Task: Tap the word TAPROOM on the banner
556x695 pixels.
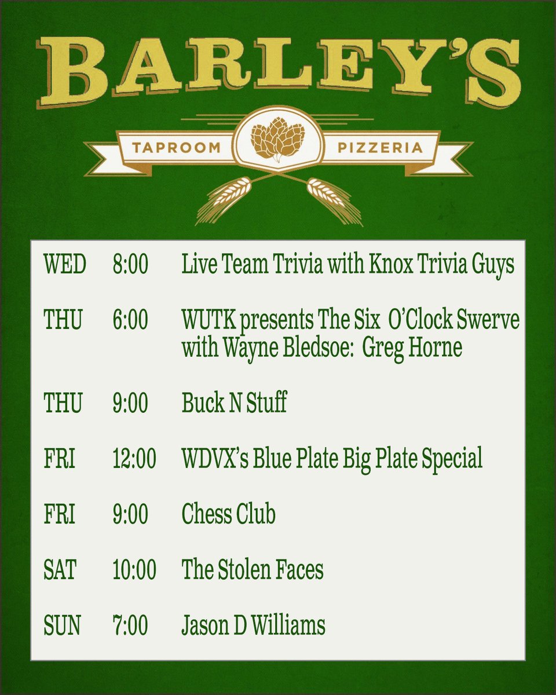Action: coord(177,148)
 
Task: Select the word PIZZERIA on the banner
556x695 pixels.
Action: coord(379,148)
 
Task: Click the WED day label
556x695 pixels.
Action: coord(64,265)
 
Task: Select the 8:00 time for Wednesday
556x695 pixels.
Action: coord(130,265)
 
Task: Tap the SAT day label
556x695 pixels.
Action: coord(60,570)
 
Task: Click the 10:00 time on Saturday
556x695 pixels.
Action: coord(134,570)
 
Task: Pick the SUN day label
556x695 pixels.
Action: coord(61,625)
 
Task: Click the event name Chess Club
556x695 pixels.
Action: coord(228,514)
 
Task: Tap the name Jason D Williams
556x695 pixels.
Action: coord(253,625)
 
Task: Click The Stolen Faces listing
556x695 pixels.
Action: coord(253,570)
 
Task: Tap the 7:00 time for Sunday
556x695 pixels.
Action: coord(130,625)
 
